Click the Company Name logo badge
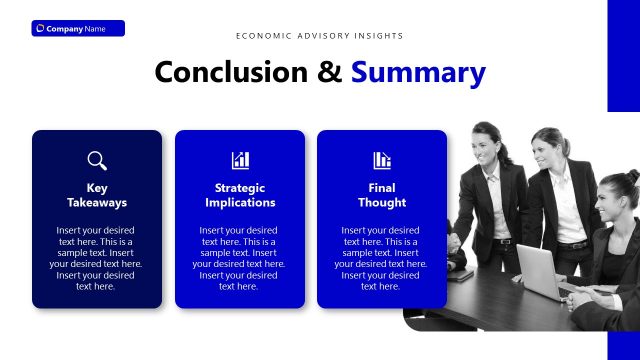click(x=78, y=28)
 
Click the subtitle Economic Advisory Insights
click(x=320, y=36)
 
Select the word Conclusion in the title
click(x=233, y=72)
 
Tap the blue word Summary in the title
click(x=418, y=72)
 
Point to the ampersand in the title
click(x=330, y=72)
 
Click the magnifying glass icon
click(x=97, y=160)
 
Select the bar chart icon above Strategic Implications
click(x=240, y=160)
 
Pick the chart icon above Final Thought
click(x=382, y=160)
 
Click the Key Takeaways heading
click(x=97, y=195)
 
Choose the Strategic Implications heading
click(x=240, y=195)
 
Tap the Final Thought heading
click(x=382, y=195)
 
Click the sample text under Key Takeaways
click(x=97, y=258)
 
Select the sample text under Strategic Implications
click(x=240, y=258)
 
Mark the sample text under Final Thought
click(x=382, y=258)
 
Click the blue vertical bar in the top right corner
click(x=623, y=55)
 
